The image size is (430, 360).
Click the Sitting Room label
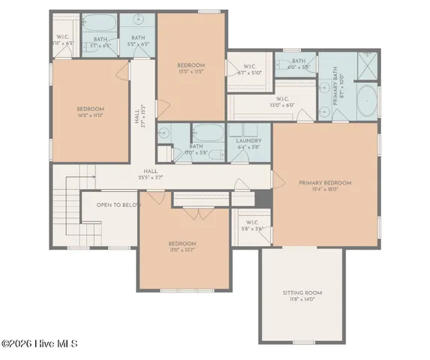(302, 295)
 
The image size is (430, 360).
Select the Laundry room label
(248, 143)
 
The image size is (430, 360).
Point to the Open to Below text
(119, 204)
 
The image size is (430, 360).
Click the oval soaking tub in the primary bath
(367, 101)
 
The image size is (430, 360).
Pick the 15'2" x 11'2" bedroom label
(191, 69)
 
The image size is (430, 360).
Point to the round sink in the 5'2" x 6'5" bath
(140, 21)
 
